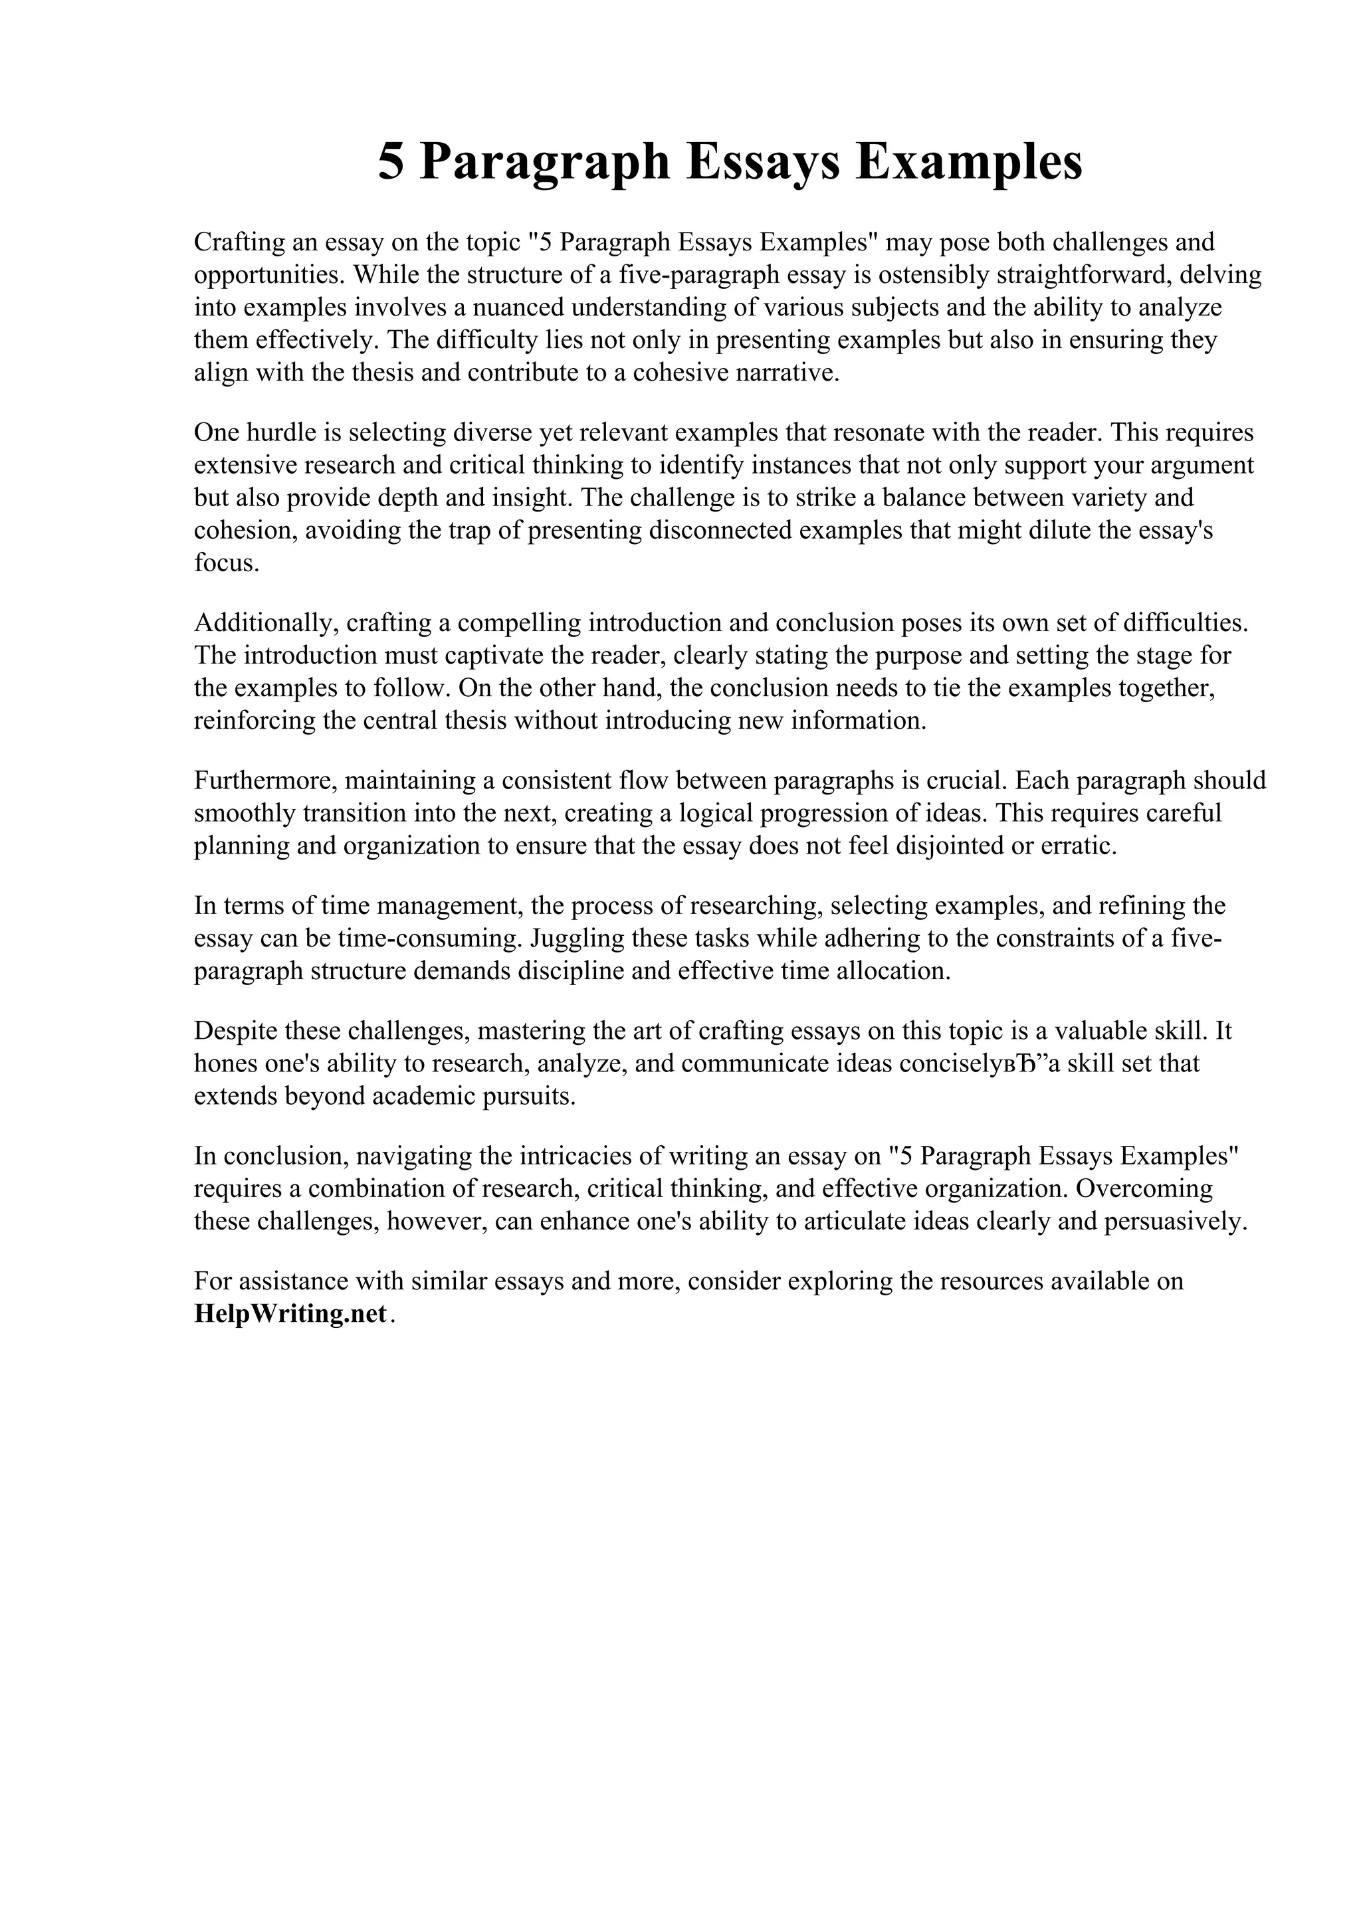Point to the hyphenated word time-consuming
pos(426,938)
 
